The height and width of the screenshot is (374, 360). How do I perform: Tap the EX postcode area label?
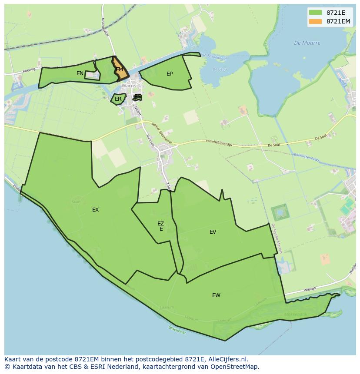click(96, 210)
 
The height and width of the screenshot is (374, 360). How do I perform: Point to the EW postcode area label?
click(216, 295)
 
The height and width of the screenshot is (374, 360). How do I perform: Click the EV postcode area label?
click(213, 232)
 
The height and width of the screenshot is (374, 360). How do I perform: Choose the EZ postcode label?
click(161, 224)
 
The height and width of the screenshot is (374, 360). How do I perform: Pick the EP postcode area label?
click(170, 74)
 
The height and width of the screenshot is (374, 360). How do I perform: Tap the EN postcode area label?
click(80, 73)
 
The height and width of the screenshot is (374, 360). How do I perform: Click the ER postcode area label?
click(118, 99)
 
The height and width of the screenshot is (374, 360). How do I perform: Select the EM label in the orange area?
click(120, 70)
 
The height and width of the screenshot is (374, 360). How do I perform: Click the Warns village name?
click(129, 86)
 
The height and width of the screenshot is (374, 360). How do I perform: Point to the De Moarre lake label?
click(307, 43)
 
